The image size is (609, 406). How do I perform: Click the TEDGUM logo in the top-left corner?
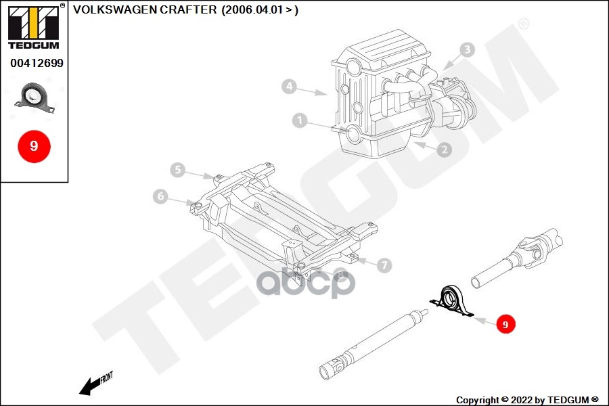[34, 26]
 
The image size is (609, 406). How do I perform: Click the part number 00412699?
[37, 63]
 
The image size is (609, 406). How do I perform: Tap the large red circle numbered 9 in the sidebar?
[35, 146]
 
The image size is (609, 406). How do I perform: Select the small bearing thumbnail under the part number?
[35, 98]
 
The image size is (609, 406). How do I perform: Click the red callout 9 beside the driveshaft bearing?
[505, 324]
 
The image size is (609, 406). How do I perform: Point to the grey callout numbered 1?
[300, 120]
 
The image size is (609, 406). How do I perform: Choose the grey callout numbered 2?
[445, 150]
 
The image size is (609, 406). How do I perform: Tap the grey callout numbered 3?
[467, 49]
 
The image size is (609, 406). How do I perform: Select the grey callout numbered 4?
[290, 86]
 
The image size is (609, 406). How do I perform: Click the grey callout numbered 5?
[177, 170]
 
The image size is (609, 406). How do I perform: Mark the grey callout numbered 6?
[160, 196]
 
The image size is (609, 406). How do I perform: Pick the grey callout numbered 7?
[384, 265]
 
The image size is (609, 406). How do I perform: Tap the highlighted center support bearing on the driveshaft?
[451, 302]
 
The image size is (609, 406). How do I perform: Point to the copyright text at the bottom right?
[527, 400]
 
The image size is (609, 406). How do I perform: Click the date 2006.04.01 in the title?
[252, 9]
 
